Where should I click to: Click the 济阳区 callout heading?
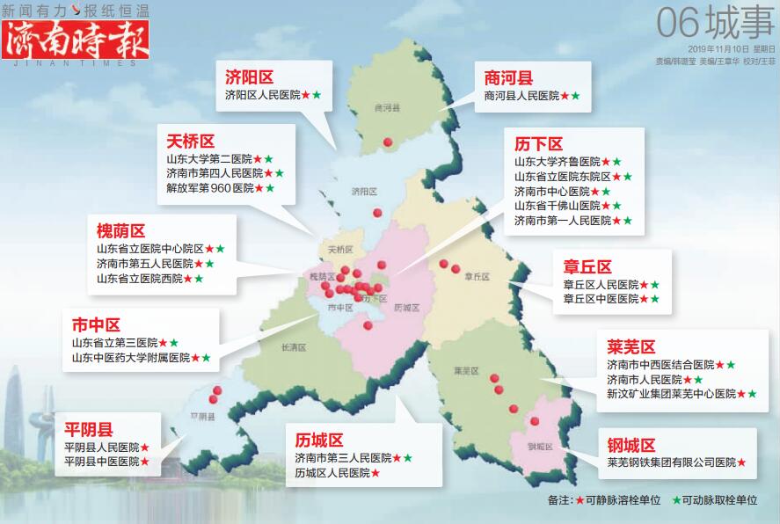click(249, 77)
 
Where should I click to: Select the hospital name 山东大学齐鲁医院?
click(557, 162)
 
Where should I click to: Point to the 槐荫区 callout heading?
click(120, 231)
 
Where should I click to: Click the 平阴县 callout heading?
click(89, 430)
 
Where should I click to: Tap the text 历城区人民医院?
click(332, 473)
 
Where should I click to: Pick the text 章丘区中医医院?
click(601, 300)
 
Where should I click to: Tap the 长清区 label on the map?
click(292, 347)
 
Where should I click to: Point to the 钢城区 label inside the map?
click(540, 447)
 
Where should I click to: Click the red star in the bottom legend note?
click(580, 500)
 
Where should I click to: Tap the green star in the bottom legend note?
click(675, 500)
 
